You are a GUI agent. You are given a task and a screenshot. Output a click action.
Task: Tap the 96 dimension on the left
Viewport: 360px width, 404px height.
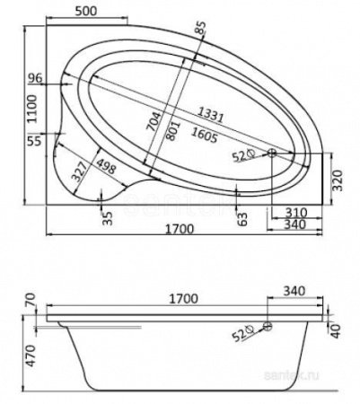coord(36,78)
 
